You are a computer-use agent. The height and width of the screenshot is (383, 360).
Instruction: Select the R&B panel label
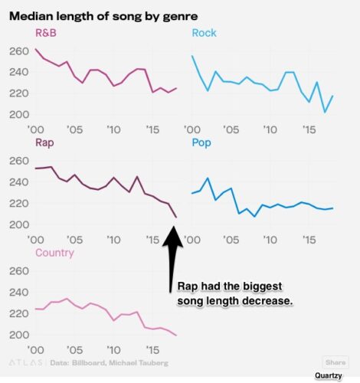coord(45,33)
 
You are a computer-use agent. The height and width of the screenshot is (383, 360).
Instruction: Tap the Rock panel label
coord(204,33)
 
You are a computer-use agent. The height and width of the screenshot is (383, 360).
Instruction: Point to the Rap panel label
coord(44,142)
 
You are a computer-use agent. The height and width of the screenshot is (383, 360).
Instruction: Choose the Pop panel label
coord(201,142)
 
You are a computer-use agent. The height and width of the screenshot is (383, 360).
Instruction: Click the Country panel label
coord(54,253)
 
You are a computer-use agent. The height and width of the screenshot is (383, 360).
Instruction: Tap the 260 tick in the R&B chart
coord(18,51)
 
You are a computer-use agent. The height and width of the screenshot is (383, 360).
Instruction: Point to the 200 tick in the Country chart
coord(18,336)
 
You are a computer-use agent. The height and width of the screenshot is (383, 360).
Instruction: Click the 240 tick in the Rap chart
coord(18,182)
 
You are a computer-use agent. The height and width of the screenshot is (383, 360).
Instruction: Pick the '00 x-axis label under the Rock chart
coord(192,129)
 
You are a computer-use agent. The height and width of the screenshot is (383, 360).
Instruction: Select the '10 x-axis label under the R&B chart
coord(113,129)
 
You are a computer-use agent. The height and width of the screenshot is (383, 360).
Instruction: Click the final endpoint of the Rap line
coord(175,218)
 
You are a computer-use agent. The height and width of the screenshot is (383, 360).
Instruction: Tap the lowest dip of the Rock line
coord(325,113)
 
